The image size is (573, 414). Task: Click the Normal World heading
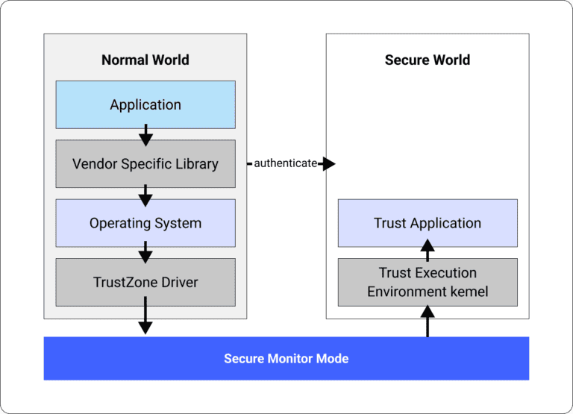click(145, 60)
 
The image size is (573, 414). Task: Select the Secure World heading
click(427, 60)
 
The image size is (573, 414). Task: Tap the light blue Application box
click(145, 104)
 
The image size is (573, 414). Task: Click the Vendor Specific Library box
click(145, 163)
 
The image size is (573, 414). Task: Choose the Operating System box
click(145, 223)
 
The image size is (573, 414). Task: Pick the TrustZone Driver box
click(145, 282)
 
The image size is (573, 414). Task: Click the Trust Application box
click(428, 223)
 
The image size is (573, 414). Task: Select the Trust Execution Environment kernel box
click(428, 282)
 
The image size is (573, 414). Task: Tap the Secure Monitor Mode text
click(286, 359)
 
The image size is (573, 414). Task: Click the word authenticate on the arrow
click(285, 163)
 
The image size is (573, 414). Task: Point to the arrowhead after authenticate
click(328, 163)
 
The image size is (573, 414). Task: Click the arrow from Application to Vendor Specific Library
click(145, 135)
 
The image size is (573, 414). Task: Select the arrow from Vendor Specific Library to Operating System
click(145, 195)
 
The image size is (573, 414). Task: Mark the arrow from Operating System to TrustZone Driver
click(145, 254)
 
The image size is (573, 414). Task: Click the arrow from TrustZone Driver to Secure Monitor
click(145, 316)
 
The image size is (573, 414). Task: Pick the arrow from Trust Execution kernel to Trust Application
click(428, 251)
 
